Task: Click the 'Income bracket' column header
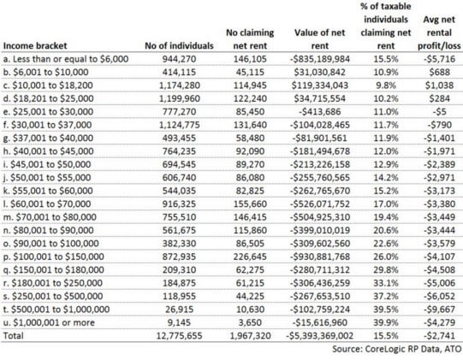click(x=35, y=45)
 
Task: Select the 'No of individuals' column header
click(x=179, y=45)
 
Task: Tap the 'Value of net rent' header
click(x=319, y=39)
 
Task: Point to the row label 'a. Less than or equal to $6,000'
click(x=66, y=59)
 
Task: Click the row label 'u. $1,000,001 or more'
click(x=49, y=322)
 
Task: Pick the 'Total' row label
click(x=13, y=335)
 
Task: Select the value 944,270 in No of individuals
click(x=179, y=59)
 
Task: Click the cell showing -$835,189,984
click(x=320, y=59)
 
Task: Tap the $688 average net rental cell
click(x=439, y=73)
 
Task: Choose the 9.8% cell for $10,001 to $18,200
click(x=386, y=86)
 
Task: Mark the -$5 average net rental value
click(x=439, y=112)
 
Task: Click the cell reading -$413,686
click(x=320, y=112)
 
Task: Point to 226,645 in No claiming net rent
click(x=250, y=257)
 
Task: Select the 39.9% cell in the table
click(x=386, y=322)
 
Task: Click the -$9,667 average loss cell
click(x=439, y=310)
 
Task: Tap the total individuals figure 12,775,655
click(x=179, y=335)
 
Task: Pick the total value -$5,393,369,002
click(x=320, y=335)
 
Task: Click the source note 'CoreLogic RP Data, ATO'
click(x=413, y=349)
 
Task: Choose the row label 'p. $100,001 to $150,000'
click(x=53, y=257)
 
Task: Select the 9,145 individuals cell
click(x=179, y=322)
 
